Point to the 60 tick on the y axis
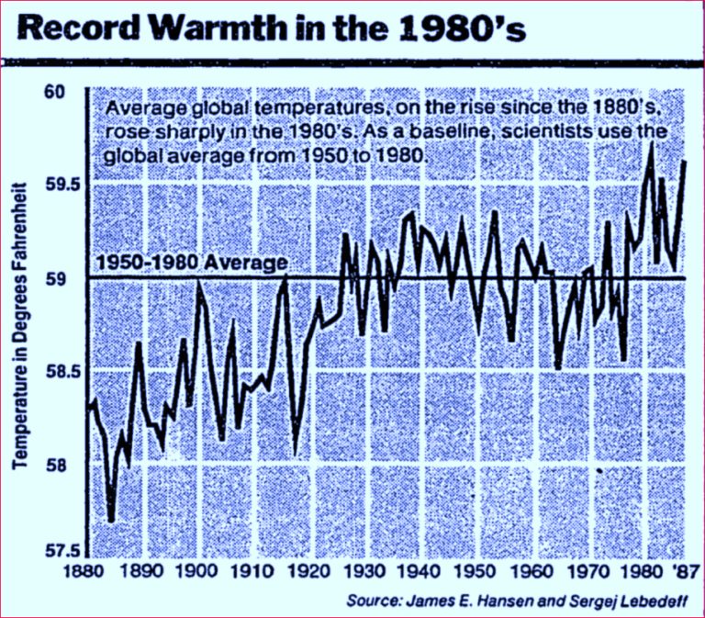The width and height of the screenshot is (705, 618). [57, 92]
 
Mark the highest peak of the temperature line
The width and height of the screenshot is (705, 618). [651, 143]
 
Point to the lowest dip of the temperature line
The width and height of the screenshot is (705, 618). [111, 521]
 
